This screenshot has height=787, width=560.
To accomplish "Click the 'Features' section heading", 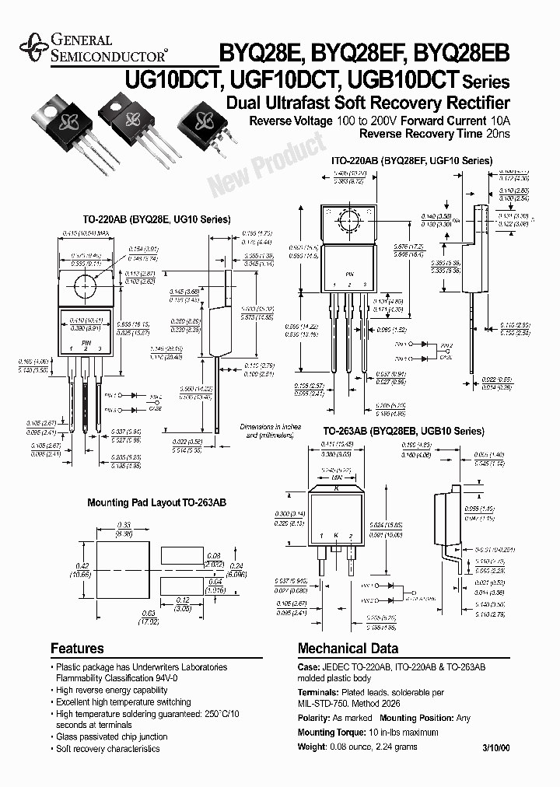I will pos(77,648).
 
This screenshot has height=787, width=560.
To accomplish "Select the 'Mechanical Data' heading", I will pos(348,648).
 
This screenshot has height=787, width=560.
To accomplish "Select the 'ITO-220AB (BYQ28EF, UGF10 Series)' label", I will pos(412,160).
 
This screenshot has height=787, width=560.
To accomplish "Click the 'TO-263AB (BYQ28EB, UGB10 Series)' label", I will pos(404,430).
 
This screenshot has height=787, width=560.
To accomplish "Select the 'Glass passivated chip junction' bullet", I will pos(111,736).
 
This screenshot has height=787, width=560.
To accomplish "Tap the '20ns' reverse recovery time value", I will pos(498,135).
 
